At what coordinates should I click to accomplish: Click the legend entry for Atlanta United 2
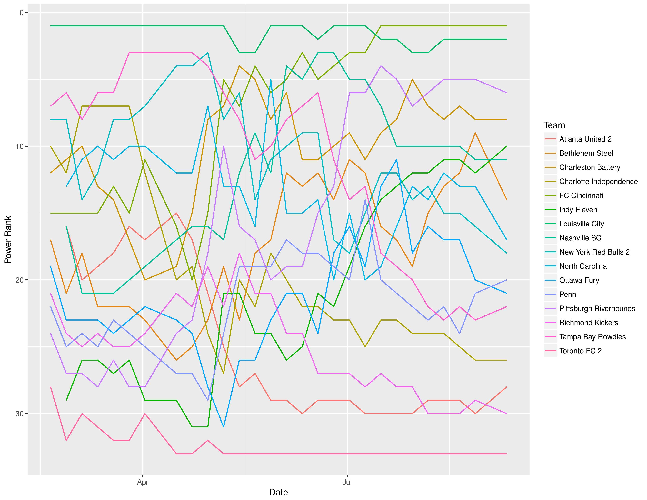tap(585, 139)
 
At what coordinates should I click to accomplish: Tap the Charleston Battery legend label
tap(590, 167)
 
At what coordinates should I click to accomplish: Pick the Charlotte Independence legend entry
tap(598, 182)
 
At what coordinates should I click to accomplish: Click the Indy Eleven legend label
tap(578, 210)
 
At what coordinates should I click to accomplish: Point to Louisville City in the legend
tap(581, 224)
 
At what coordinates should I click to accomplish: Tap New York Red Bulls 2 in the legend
tap(594, 252)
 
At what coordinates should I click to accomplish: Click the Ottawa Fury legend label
tap(579, 281)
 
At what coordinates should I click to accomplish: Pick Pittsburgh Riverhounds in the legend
tap(597, 309)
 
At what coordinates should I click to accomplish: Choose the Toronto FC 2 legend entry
tap(580, 351)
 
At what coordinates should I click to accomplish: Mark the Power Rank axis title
tap(8, 239)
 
